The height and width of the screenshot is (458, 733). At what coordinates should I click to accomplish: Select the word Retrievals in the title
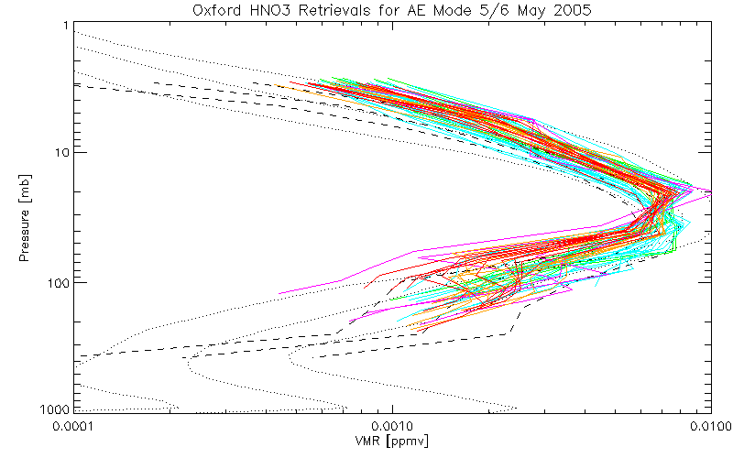click(336, 10)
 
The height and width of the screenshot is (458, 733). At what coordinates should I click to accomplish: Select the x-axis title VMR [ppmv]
click(392, 442)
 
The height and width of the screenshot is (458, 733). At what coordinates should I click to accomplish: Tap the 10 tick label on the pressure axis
click(61, 153)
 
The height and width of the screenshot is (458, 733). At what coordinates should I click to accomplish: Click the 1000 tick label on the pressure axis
click(54, 408)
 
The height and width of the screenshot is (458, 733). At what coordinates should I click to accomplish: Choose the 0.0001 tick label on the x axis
click(75, 426)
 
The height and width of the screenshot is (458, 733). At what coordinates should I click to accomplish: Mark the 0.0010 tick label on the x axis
click(392, 426)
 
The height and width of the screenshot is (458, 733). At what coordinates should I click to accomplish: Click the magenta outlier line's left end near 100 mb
click(279, 293)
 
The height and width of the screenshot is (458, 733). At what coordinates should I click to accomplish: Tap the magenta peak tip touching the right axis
click(709, 190)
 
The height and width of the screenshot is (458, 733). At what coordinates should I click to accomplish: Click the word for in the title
click(388, 10)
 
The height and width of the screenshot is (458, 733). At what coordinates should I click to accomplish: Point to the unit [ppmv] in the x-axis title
click(407, 442)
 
